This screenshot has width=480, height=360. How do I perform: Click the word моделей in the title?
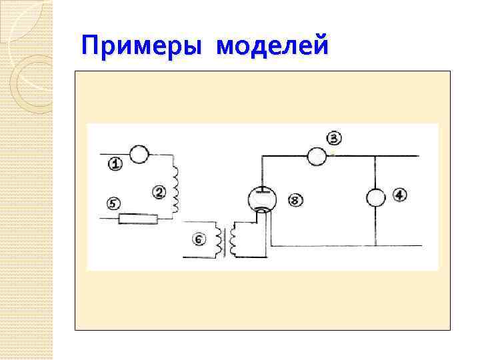point(273,47)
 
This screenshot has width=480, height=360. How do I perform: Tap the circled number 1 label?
point(115,163)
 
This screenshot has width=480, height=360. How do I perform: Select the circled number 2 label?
point(159,192)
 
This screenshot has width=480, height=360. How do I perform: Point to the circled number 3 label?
point(333,139)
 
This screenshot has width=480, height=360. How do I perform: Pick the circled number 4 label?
point(399,195)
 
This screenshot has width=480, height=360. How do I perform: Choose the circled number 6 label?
point(199,239)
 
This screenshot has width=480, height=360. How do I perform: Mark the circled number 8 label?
point(295,199)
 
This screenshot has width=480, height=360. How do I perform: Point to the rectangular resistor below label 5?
point(138,219)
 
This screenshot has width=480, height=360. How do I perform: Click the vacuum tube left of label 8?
point(262,199)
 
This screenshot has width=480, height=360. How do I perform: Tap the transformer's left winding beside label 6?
point(218,241)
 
